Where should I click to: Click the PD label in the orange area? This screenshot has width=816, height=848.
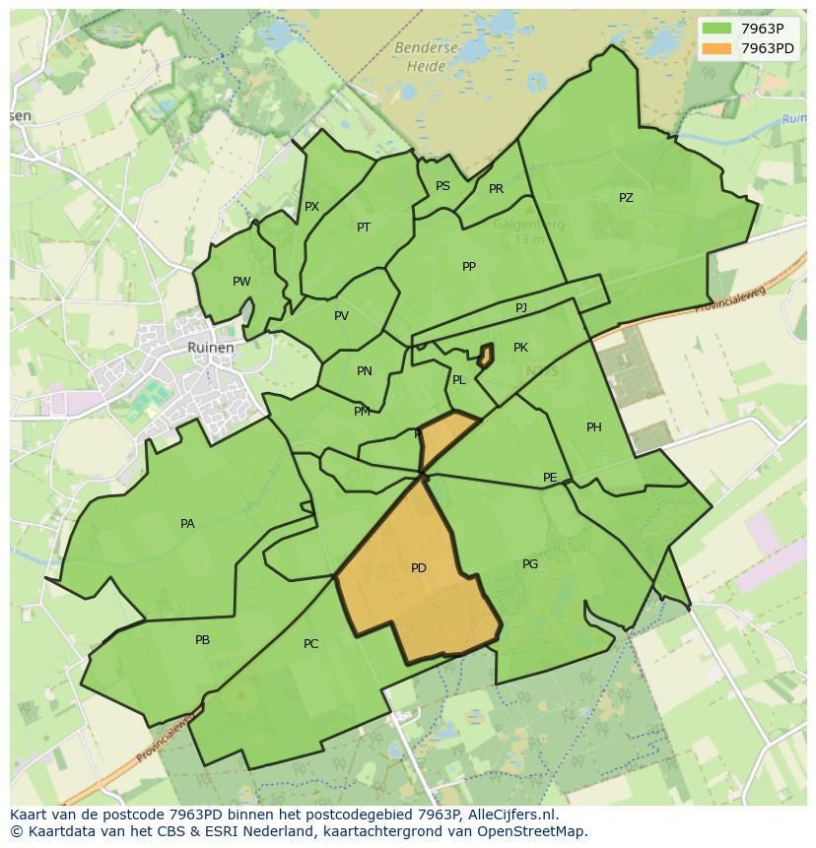pos(419,568)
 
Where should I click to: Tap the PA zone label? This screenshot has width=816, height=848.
pos(187,524)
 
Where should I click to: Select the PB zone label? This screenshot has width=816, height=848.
pos(202,640)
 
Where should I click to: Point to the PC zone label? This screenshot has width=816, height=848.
pos(310,644)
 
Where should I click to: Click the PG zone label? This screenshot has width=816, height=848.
pos(530,564)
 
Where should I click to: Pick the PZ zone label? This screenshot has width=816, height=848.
pos(626,198)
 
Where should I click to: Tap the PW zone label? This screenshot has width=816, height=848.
pos(241,282)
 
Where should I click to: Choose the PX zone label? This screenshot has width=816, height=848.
pos(311,207)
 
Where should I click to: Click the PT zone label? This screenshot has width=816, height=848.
pos(364,228)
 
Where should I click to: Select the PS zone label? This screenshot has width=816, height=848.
pos(442,186)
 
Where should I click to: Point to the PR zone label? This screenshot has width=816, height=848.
pos(496,189)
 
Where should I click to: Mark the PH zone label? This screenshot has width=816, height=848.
pos(593,427)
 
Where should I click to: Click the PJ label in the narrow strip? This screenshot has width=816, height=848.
pos(521,308)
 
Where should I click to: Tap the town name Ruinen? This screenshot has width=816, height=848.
pos(211,348)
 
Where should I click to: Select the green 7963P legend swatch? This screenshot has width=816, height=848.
pos(717,28)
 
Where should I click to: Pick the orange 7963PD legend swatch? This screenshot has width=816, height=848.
pos(717,47)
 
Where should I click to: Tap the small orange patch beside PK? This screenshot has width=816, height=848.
pos(486,356)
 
